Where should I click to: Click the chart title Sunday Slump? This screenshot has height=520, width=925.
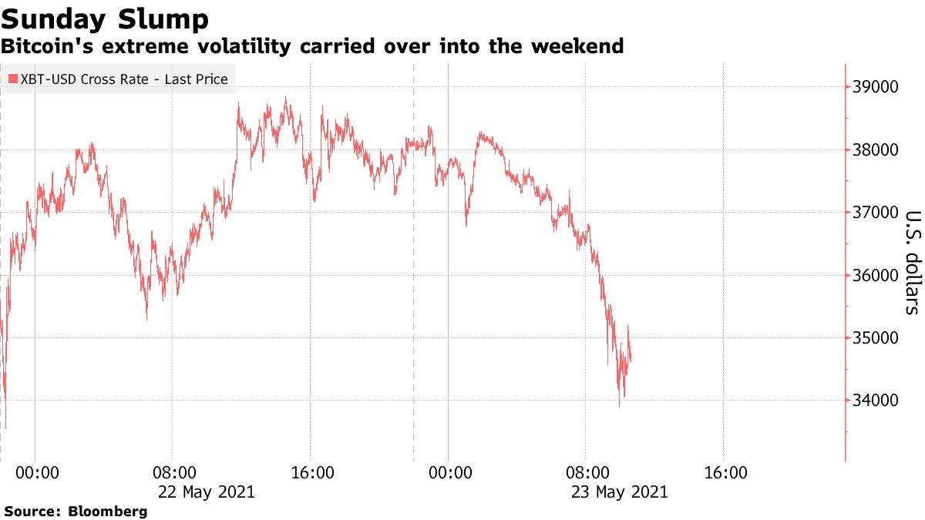click(105, 18)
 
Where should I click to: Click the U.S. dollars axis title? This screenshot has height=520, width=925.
click(912, 262)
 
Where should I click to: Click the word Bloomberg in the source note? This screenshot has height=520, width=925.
click(108, 511)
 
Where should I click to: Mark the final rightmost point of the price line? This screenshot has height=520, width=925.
click(631, 360)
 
